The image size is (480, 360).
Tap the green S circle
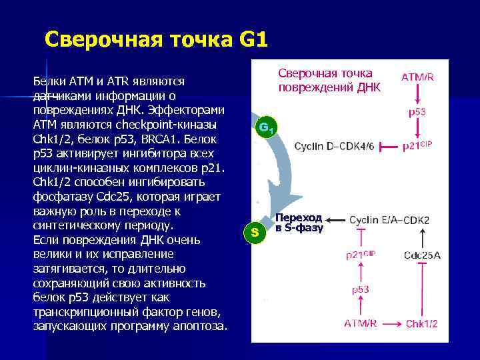point(254,232)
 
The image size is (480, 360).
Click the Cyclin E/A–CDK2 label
point(389,220)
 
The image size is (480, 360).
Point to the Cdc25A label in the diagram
point(422,255)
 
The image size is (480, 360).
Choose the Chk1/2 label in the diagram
point(422,323)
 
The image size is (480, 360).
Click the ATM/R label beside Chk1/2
point(361,323)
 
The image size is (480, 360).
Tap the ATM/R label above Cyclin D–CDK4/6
point(417,77)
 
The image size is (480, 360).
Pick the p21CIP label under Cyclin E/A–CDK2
point(361,255)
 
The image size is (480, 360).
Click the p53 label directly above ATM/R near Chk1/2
point(361,289)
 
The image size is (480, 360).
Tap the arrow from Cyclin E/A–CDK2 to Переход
point(337,219)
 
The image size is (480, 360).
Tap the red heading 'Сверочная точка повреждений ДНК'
point(326,80)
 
